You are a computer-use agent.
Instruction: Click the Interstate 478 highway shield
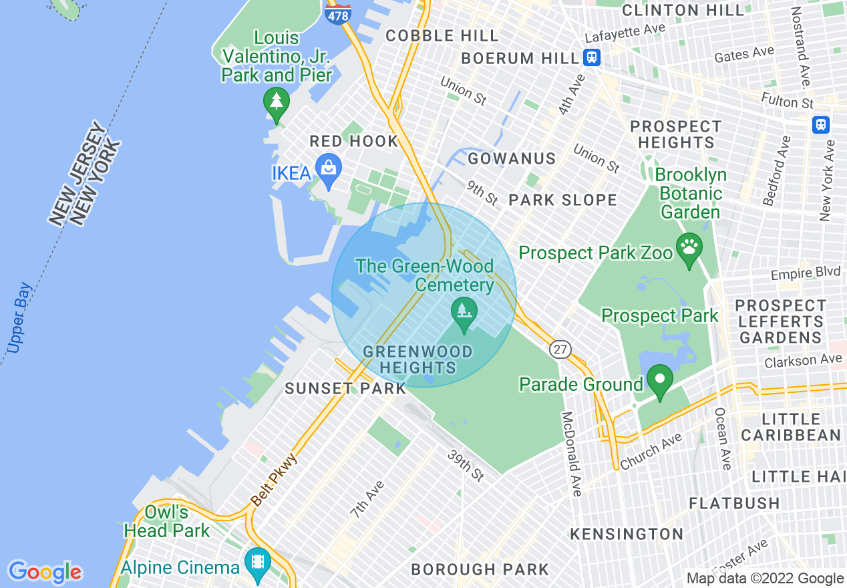coord(338,13)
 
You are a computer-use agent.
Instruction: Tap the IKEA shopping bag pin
coord(329,171)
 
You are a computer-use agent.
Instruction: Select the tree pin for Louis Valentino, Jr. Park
coord(275,104)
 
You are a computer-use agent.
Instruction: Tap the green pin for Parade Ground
coord(660,382)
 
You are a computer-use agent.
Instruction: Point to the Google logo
coord(45,572)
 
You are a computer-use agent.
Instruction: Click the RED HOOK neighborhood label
coord(353,142)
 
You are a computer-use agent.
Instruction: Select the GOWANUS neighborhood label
coord(512,159)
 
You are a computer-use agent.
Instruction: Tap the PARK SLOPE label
coord(562,200)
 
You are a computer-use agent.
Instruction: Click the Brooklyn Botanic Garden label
coord(690,194)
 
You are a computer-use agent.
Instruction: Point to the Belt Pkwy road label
coord(274,478)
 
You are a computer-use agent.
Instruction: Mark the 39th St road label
coord(466,465)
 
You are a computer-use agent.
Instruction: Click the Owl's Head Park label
coord(167,522)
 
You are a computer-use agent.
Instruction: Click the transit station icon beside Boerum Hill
coord(591,57)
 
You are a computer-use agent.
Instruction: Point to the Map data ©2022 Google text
coord(765,579)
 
